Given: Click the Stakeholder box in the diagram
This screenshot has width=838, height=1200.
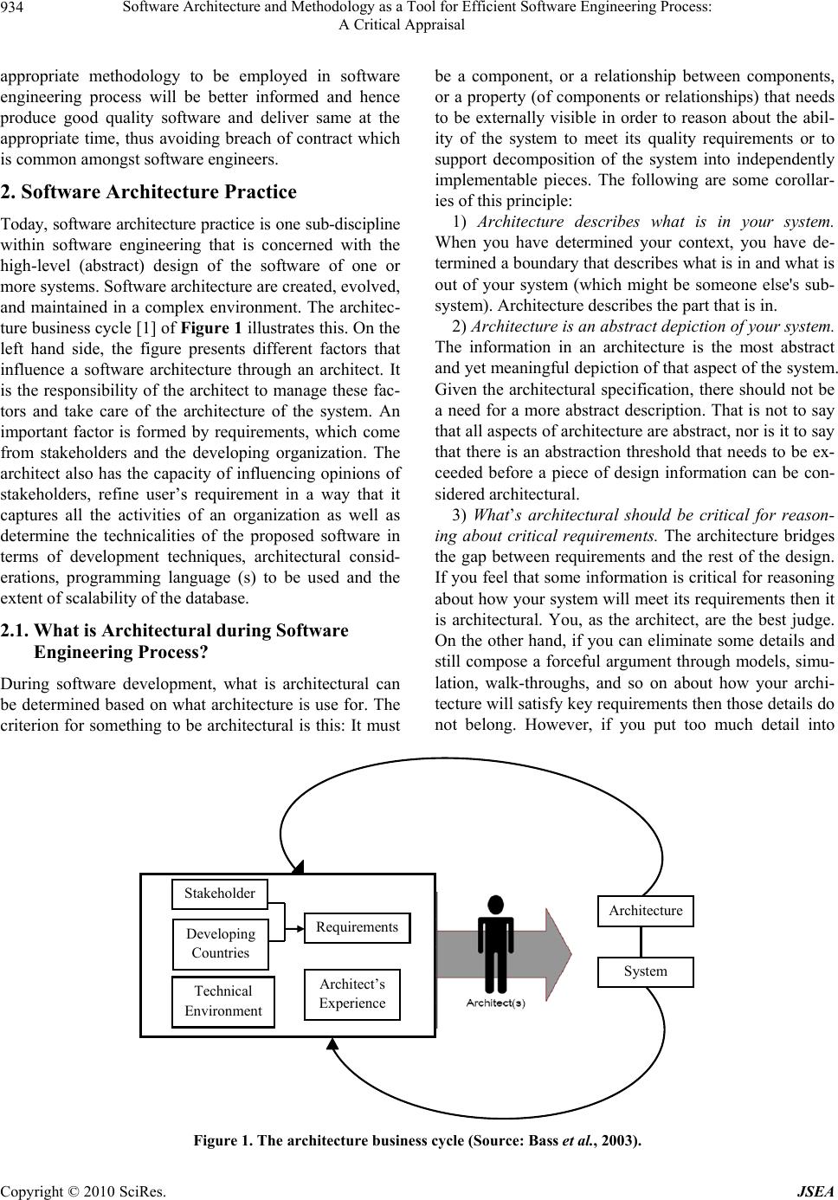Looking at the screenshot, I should pos(220,894).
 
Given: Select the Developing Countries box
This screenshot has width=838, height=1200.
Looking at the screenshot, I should pos(221,944).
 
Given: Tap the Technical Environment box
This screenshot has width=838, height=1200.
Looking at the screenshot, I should pos(223,1001).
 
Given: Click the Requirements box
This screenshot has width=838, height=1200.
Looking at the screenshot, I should pos(357,927).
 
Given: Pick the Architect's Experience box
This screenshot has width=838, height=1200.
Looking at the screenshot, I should pos(352,994).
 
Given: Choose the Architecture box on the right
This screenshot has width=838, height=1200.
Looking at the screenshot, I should pos(645,911).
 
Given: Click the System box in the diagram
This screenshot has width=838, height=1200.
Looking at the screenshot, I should pos(645,971).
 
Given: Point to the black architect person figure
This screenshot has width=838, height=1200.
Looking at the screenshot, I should pos(496,944).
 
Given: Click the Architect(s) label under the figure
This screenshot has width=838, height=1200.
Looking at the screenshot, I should pos(496,1003).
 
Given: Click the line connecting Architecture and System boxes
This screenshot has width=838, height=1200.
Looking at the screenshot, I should pos(641,942).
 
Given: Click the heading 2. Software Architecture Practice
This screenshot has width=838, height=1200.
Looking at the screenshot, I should pos(149,192).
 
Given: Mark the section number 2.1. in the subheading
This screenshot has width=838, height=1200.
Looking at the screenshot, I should pos(15,606).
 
